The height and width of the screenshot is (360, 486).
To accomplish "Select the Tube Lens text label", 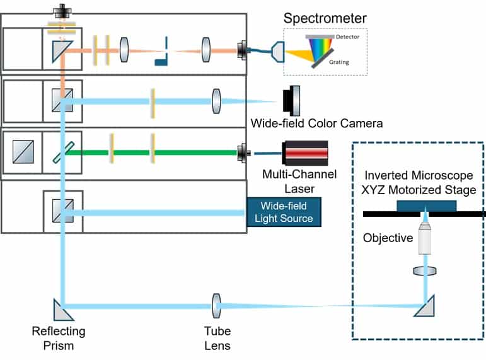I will [217, 338].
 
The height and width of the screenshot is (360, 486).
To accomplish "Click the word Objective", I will [388, 238].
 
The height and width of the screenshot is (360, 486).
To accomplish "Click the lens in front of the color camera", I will [216, 101].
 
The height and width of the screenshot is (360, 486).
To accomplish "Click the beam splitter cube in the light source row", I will [62, 207].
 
